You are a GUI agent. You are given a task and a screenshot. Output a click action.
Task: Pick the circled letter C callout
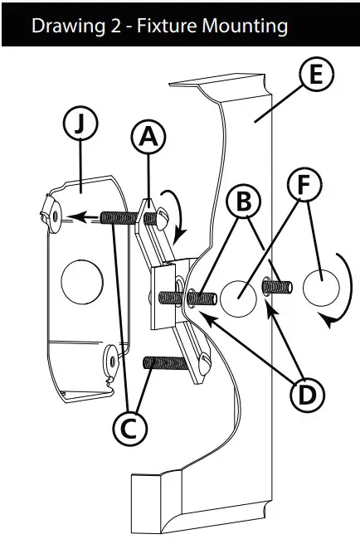tap(130, 429)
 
